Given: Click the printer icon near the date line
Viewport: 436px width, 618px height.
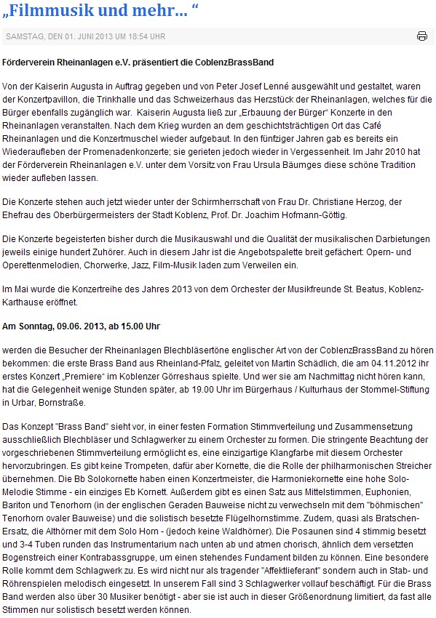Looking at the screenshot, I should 422,36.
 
